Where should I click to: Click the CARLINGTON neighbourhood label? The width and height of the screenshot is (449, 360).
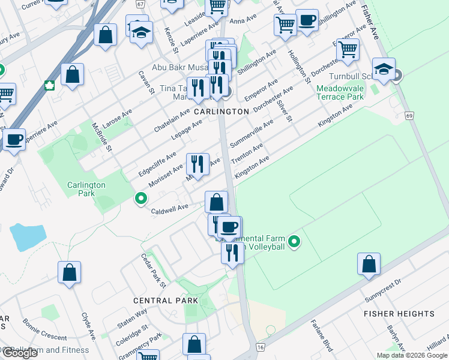tap(221, 112)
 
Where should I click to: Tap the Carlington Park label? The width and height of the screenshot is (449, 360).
tap(86, 190)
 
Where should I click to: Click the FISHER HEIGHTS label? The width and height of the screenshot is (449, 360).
tap(399, 314)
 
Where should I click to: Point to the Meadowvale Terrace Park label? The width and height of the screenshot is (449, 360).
tap(340, 92)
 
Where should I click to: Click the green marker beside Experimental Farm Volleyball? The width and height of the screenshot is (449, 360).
tap(294, 242)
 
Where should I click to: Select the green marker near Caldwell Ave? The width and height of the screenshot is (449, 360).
tap(140, 197)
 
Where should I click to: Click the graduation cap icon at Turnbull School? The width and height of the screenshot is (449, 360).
tap(383, 68)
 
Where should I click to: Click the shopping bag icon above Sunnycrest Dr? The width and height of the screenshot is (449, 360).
tap(369, 263)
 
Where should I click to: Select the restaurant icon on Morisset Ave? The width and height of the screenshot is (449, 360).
tap(197, 163)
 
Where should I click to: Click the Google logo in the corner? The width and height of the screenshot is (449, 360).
tap(20, 353)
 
